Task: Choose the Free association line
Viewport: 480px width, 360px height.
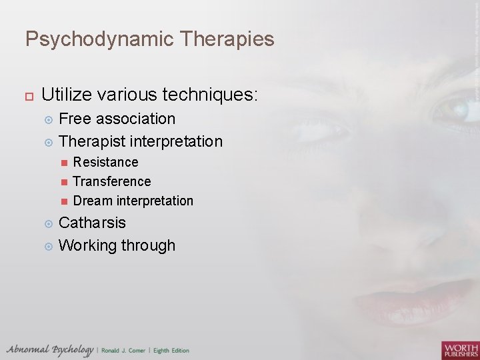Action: tap(117, 119)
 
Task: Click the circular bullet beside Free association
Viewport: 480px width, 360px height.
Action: tap(47, 119)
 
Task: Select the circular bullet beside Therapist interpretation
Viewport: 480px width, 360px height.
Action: tap(47, 141)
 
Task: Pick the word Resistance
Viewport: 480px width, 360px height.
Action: tap(105, 162)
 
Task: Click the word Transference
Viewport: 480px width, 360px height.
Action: tap(111, 181)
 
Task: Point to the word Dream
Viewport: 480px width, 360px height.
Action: tap(92, 201)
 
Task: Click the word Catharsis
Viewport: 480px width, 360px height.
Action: tap(92, 223)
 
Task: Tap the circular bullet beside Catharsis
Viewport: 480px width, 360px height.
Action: tap(47, 223)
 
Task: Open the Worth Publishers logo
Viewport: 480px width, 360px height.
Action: tap(459, 349)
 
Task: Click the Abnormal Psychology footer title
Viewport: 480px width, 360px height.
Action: tap(49, 350)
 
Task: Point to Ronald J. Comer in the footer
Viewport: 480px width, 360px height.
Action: tap(124, 351)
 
